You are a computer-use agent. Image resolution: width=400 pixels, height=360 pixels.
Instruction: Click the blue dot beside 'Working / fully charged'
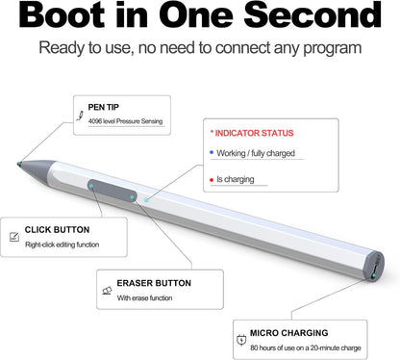pyautogui.click(x=211, y=152)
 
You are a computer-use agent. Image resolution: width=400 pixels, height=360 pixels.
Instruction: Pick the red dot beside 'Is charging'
pyautogui.click(x=211, y=178)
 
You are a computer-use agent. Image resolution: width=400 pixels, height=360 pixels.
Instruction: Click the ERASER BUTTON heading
pyautogui.click(x=153, y=283)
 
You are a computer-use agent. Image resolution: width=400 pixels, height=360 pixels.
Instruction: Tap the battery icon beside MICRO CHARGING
pyautogui.click(x=240, y=339)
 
